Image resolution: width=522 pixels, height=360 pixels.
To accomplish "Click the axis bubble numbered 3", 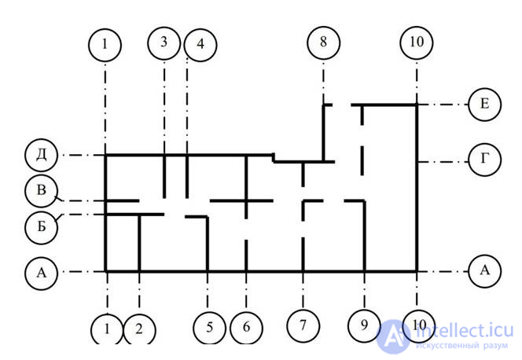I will tap(164, 42).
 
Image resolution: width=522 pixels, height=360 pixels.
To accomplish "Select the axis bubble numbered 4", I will tap(200, 44).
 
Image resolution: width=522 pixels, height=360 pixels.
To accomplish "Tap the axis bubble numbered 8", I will tap(322, 42).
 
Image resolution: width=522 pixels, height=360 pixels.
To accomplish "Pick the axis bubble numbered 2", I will tap(139, 329).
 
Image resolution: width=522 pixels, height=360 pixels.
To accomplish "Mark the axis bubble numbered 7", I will tap(303, 324).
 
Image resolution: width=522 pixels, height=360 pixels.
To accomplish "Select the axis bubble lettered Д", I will tap(41, 155).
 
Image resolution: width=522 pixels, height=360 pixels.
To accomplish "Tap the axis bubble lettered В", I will tap(41, 189).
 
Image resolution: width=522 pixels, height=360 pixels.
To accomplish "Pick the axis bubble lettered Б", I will tap(41, 224).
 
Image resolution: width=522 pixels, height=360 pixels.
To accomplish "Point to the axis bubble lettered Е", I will tap(484, 104).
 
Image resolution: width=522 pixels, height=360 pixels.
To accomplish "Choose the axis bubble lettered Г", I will tap(486, 158).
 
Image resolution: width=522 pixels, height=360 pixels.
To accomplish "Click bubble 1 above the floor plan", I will tap(105, 44).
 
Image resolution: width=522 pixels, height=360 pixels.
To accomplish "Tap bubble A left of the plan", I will tap(41, 273).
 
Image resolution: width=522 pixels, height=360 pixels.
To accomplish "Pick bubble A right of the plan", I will tap(485, 271).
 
